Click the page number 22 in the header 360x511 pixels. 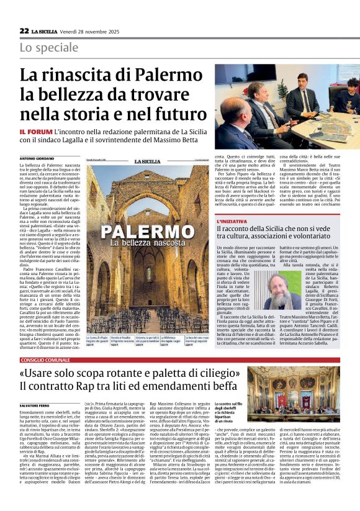tap(24, 30)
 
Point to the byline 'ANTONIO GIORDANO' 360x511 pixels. tap(37, 160)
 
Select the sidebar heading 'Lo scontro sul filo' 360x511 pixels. tap(229, 404)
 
